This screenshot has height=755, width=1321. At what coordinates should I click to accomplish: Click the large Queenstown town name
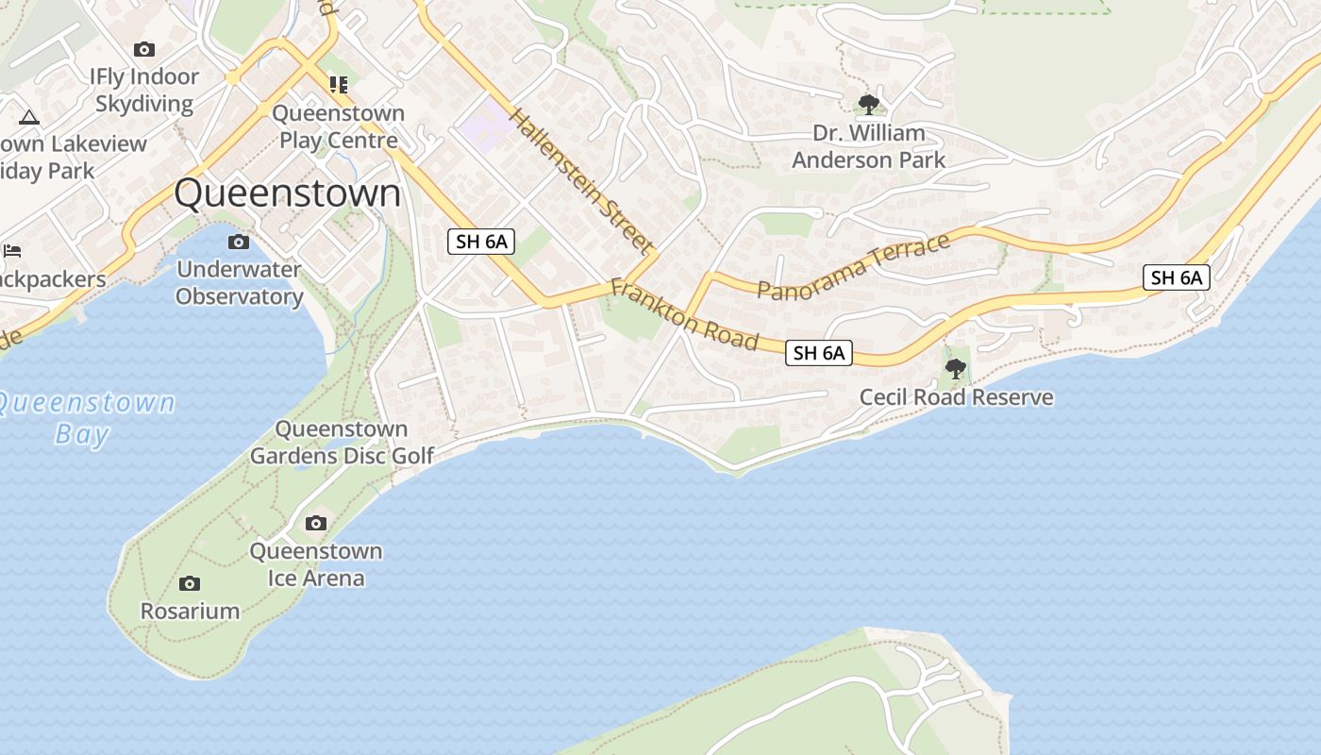[x=288, y=193]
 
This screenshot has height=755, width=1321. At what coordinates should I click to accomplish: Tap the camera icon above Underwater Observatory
[x=239, y=243]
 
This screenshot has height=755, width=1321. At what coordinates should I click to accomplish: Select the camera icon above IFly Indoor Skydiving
[x=144, y=49]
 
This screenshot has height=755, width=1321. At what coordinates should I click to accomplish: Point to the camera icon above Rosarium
[x=190, y=584]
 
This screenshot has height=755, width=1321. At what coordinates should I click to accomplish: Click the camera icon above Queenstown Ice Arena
[x=316, y=524]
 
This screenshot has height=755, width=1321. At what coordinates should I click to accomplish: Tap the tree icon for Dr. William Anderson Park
[x=868, y=104]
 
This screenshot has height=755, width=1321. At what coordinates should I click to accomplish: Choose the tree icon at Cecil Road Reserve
[x=956, y=369]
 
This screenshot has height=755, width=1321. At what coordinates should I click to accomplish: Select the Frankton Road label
[x=684, y=314]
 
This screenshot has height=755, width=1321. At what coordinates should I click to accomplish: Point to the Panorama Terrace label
[x=853, y=268]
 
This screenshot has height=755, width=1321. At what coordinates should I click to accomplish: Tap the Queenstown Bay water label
[x=85, y=418]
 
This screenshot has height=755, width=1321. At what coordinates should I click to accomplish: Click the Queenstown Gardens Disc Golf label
[x=342, y=443]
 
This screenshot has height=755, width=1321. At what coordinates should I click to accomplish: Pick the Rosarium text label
[x=190, y=611]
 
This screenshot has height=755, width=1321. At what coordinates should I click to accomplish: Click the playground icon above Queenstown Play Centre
[x=339, y=85]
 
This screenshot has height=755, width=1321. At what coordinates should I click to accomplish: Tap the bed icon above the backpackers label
[x=12, y=251]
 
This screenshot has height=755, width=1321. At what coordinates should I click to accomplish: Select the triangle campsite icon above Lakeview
[x=28, y=118]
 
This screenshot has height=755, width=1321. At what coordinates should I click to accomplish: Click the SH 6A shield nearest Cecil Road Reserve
[x=818, y=353]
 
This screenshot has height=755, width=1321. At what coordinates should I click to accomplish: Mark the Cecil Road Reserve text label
[x=956, y=397]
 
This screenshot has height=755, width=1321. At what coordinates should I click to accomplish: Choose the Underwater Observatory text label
[x=239, y=283]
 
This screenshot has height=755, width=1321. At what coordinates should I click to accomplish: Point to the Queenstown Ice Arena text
[x=316, y=564]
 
